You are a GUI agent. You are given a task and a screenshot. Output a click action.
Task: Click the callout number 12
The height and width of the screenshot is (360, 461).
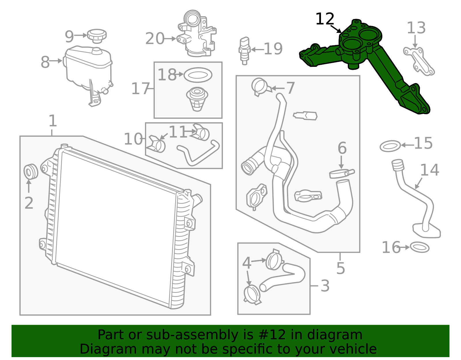click(x=325, y=19)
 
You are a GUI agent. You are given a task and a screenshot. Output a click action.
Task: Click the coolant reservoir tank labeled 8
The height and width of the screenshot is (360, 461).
click(x=86, y=66)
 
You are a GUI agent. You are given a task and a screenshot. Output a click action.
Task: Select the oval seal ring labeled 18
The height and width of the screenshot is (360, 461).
click(x=198, y=75)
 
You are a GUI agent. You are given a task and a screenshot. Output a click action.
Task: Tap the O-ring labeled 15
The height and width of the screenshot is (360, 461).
click(x=390, y=146)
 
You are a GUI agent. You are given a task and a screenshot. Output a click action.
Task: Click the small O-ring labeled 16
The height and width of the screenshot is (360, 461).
click(x=420, y=247)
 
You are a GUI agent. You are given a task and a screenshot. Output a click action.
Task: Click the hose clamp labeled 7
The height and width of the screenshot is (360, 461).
click(x=260, y=86)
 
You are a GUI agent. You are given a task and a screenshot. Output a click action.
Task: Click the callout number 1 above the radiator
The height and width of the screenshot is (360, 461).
click(x=52, y=121)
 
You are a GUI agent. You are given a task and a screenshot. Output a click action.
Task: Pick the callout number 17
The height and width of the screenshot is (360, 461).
click(x=140, y=88)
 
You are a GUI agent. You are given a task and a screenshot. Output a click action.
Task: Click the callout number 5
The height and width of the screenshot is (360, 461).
click(x=341, y=268)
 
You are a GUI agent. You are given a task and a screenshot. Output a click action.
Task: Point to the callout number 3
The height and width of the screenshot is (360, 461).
click(x=325, y=286)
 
